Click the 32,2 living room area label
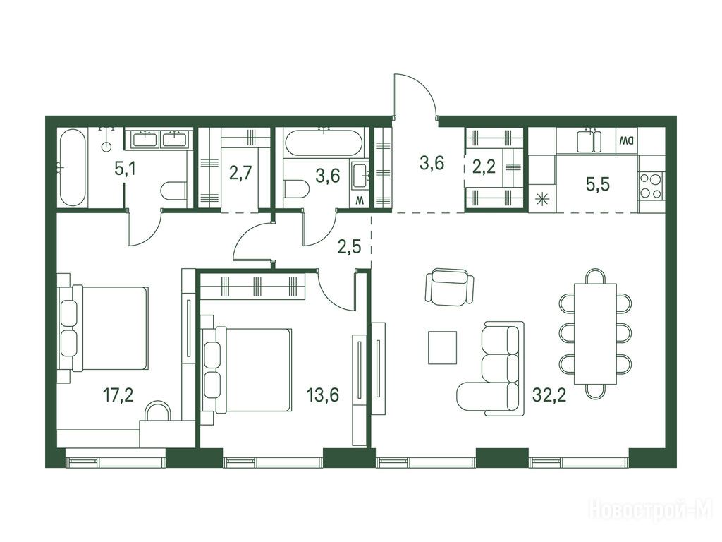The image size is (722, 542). click(x=549, y=395)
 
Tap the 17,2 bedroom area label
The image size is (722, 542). click(x=118, y=395)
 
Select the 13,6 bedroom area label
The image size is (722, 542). click(x=323, y=395)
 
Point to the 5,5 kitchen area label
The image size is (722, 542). click(x=598, y=184)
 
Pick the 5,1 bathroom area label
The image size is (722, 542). click(x=126, y=169)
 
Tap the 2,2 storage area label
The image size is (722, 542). click(x=484, y=167)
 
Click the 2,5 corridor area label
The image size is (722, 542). click(x=349, y=246)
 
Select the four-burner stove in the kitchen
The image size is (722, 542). click(x=651, y=186)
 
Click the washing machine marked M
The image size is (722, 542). click(x=360, y=200)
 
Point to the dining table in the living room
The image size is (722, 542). click(x=595, y=334)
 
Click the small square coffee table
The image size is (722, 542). click(x=442, y=347)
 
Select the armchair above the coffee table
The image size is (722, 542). click(x=449, y=287)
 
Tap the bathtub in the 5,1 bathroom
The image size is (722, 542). click(x=73, y=168)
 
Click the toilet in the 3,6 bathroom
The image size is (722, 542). click(x=296, y=190)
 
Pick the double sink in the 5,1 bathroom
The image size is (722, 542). click(x=159, y=139)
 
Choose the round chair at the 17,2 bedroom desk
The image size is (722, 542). click(x=157, y=410)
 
